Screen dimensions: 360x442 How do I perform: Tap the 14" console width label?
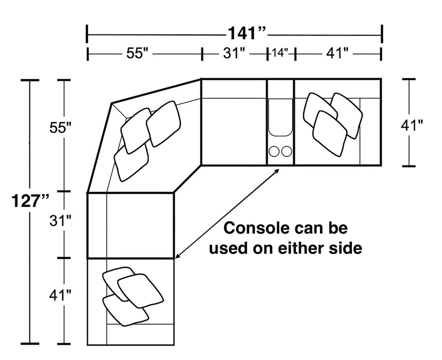point(279,53)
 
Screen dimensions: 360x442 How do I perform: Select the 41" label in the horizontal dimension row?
point(337,53)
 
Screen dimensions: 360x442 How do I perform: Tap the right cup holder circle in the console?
point(287,151)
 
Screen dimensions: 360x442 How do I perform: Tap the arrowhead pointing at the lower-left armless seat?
point(178,255)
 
